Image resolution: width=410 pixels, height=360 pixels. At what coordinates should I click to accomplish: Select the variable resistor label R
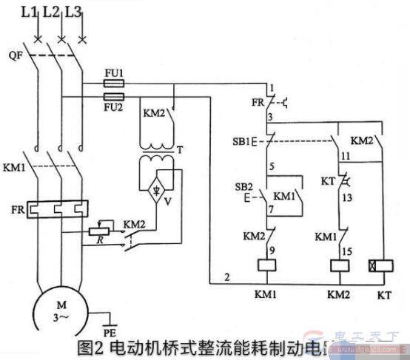[98, 240]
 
